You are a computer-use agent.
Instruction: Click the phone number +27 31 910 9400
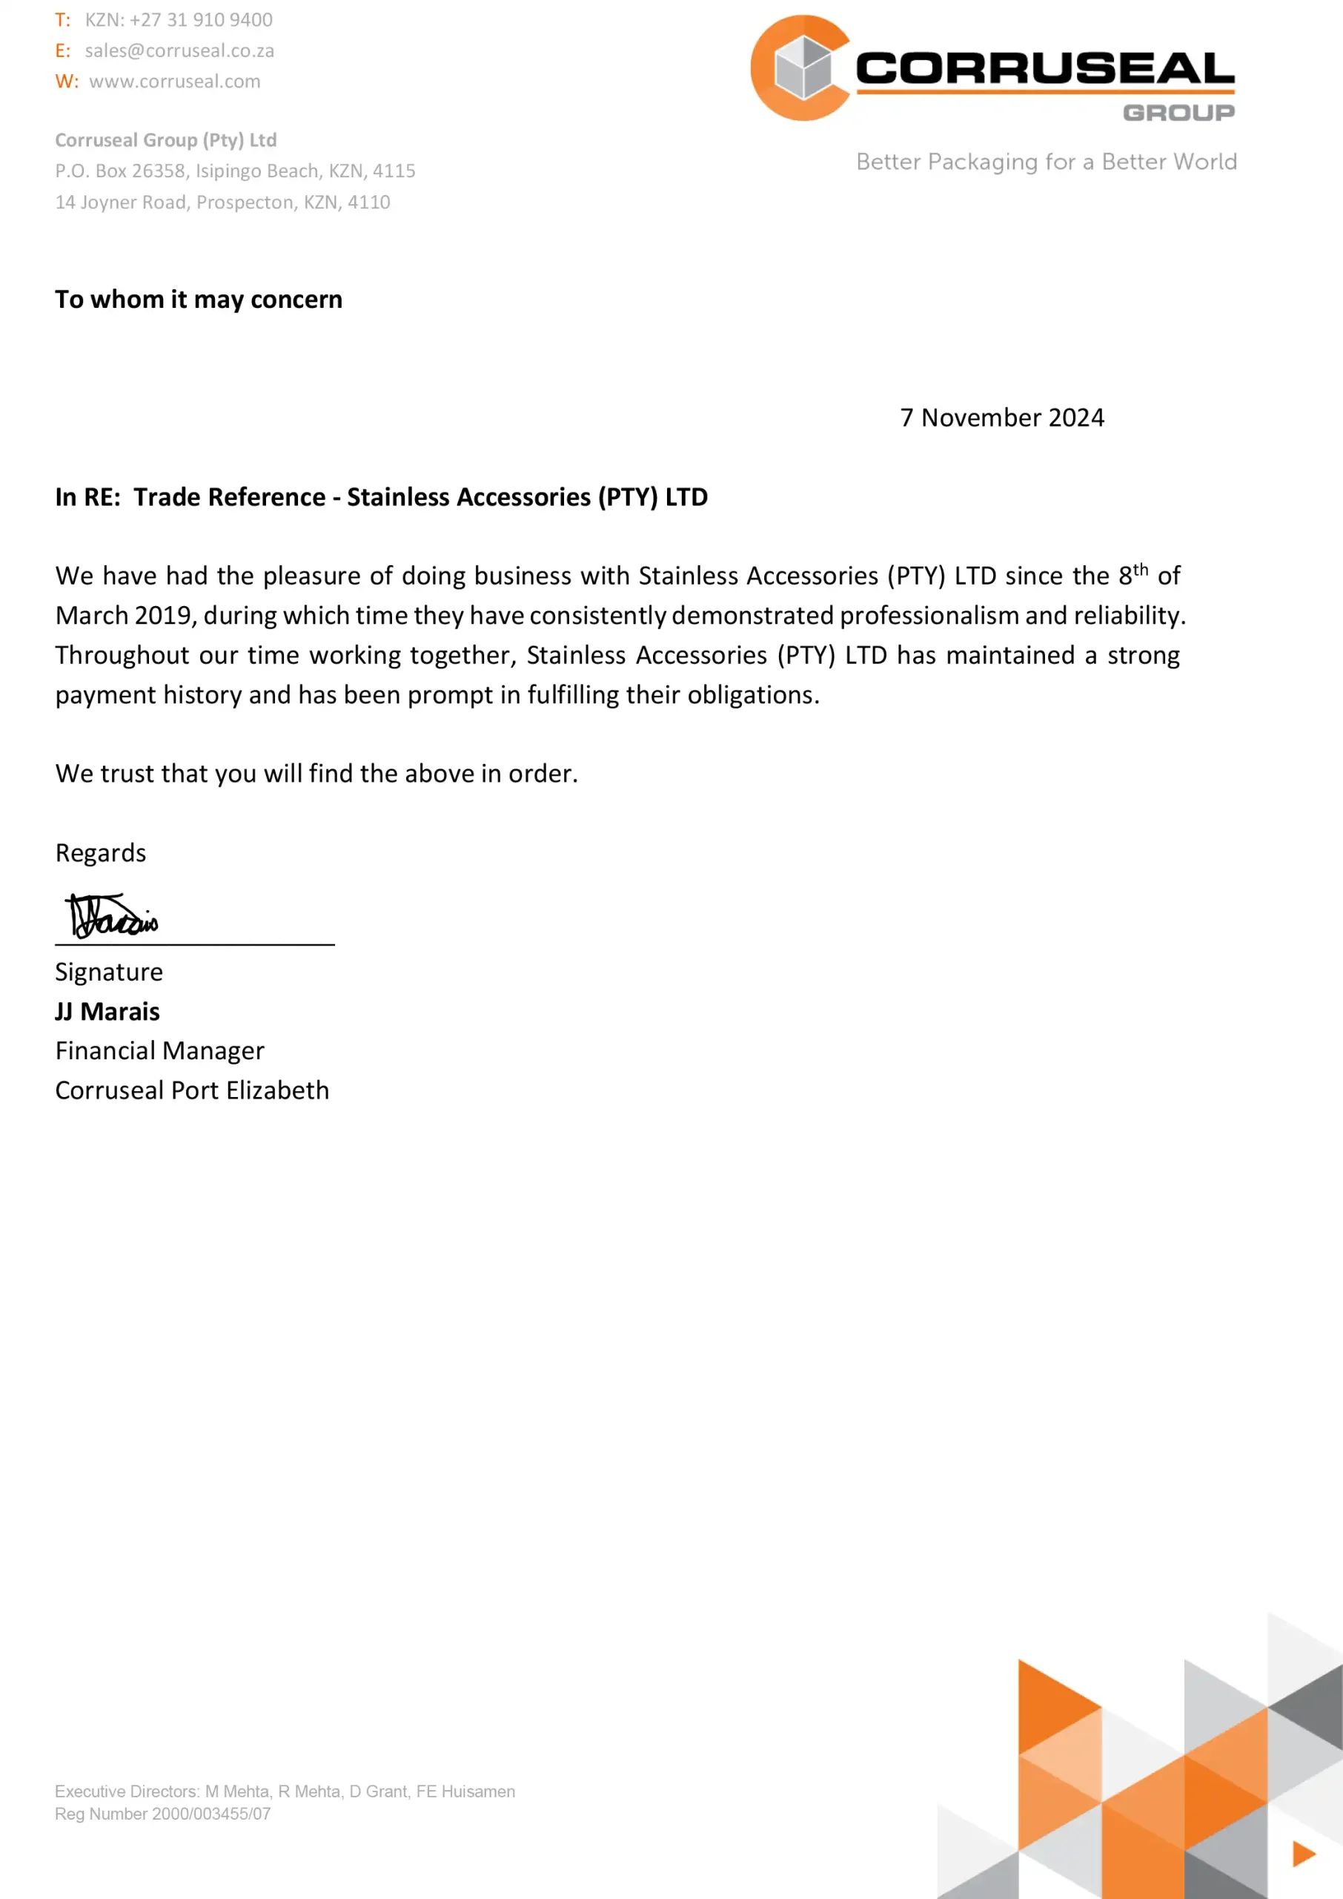201,20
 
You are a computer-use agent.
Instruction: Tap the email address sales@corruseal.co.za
179,50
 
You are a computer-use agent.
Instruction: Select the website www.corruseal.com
174,81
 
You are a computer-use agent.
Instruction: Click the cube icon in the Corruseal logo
803,68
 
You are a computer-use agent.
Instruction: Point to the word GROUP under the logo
1178,113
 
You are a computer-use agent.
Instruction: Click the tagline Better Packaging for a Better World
1046,162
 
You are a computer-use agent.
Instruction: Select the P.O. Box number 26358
159,171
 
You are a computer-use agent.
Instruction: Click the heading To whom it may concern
199,300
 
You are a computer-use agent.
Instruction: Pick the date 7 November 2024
1001,418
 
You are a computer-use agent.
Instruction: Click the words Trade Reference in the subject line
230,497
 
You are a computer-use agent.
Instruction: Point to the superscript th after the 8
1141,569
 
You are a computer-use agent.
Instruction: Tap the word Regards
101,853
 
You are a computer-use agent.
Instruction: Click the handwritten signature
112,916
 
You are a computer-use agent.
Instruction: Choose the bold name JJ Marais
107,1012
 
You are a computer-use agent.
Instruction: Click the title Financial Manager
159,1051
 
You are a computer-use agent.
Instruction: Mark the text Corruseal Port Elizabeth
192,1090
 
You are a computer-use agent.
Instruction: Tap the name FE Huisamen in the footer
465,1791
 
